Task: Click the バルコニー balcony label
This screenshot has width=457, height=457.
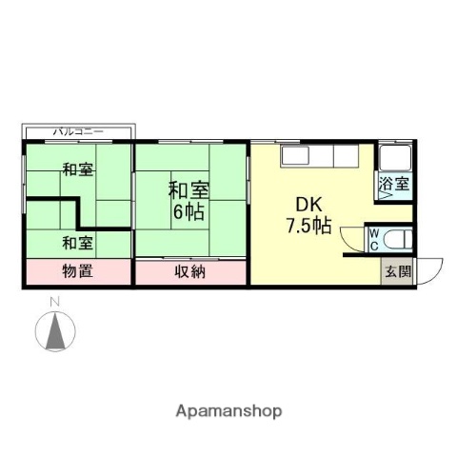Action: pos(79,130)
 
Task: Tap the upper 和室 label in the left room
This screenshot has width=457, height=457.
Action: pos(78,170)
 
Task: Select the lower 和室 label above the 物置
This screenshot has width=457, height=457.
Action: pos(78,242)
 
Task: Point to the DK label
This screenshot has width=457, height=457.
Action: pos(308,205)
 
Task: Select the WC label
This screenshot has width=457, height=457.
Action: pos(374,238)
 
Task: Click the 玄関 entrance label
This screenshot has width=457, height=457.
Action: pos(398,270)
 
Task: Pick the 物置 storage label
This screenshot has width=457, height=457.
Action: pos(78,271)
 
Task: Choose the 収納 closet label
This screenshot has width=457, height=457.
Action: pos(190,271)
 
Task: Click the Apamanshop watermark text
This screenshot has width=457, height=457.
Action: pos(228,411)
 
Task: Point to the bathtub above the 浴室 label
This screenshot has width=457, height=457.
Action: pos(394,160)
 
